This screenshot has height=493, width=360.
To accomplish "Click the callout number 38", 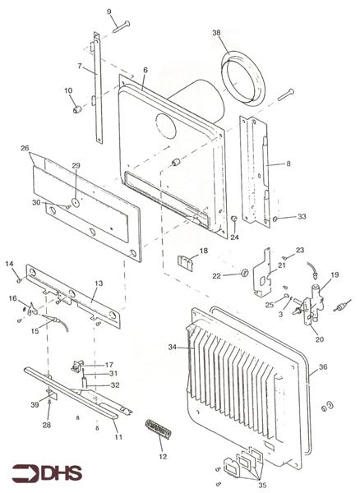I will click(217, 33).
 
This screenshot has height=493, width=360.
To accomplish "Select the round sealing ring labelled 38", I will click(243, 78).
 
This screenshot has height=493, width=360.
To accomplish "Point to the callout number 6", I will click(145, 71).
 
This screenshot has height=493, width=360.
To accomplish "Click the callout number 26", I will click(25, 149).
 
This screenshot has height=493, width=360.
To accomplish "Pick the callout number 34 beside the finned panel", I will click(173, 348).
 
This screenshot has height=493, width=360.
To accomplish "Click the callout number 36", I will click(322, 367).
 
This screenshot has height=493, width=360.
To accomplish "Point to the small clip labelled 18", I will click(187, 263).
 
